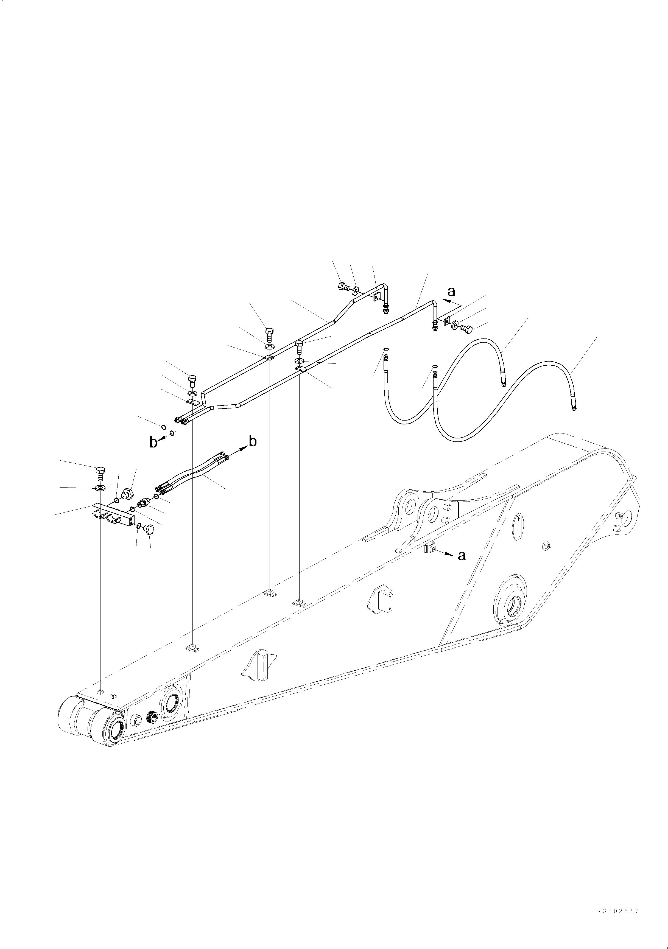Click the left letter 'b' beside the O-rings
click(x=153, y=443)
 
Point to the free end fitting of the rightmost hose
click(x=574, y=409)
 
